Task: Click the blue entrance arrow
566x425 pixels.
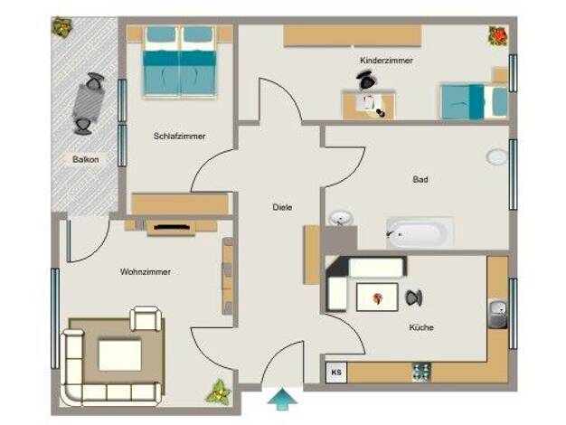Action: point(282,400)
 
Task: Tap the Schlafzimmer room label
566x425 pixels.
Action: point(179,137)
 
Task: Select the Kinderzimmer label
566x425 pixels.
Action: point(386,61)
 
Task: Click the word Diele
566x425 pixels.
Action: point(282,207)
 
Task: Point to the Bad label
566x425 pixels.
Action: point(420,179)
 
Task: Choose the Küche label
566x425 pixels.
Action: point(421,327)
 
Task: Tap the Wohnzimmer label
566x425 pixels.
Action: point(146,271)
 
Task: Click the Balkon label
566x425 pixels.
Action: point(86,159)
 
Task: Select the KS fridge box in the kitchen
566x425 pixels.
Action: point(336,373)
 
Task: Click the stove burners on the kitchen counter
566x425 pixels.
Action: point(421,372)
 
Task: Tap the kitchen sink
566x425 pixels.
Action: point(498,314)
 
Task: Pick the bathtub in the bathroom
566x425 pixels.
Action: point(420,233)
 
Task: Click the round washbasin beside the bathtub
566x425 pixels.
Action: point(341,218)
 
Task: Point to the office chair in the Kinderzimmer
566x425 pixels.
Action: point(366,80)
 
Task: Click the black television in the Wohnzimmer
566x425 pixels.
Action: point(172,227)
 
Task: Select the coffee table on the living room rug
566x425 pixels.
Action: point(120,355)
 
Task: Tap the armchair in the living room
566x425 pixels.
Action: point(146,318)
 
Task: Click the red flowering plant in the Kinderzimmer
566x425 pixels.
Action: point(498,36)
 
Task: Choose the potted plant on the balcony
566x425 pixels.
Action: point(61,27)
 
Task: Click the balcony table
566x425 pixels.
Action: point(89,102)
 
